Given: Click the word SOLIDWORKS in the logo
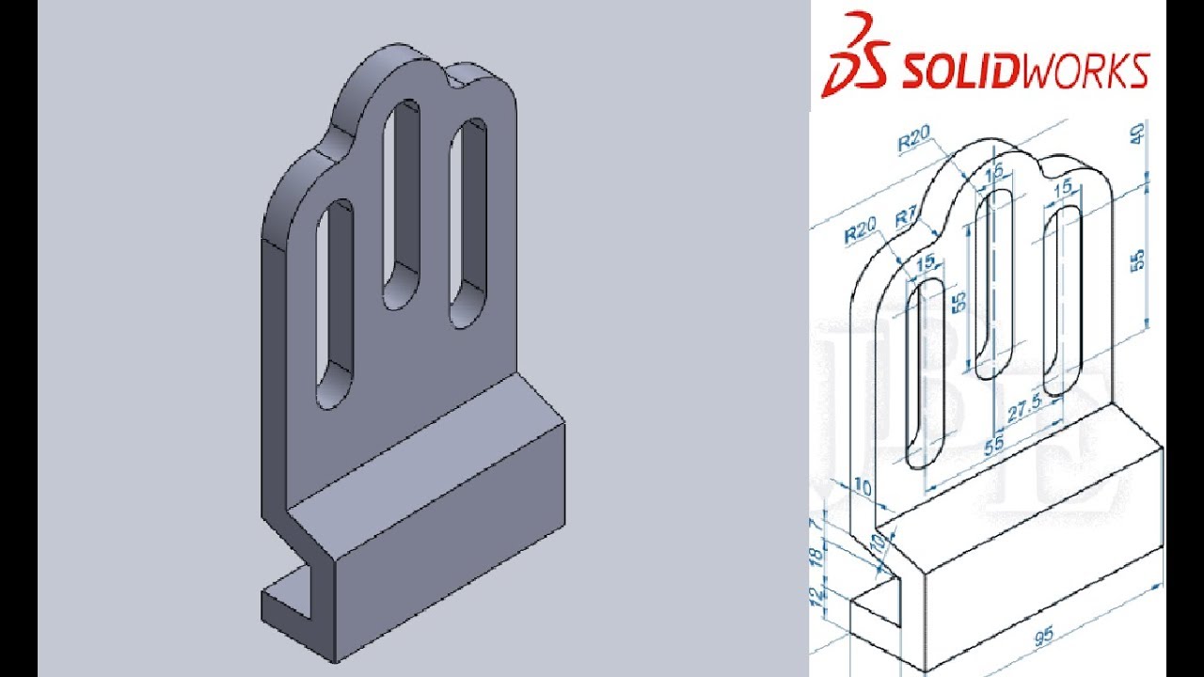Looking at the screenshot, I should (1025, 71).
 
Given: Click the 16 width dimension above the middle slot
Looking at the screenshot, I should (994, 171).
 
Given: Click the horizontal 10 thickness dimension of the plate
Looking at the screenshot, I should (861, 486).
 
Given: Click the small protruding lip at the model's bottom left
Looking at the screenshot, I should (287, 602).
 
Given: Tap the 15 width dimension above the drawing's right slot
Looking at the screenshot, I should (1064, 189).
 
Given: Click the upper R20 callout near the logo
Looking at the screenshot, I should (914, 142).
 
